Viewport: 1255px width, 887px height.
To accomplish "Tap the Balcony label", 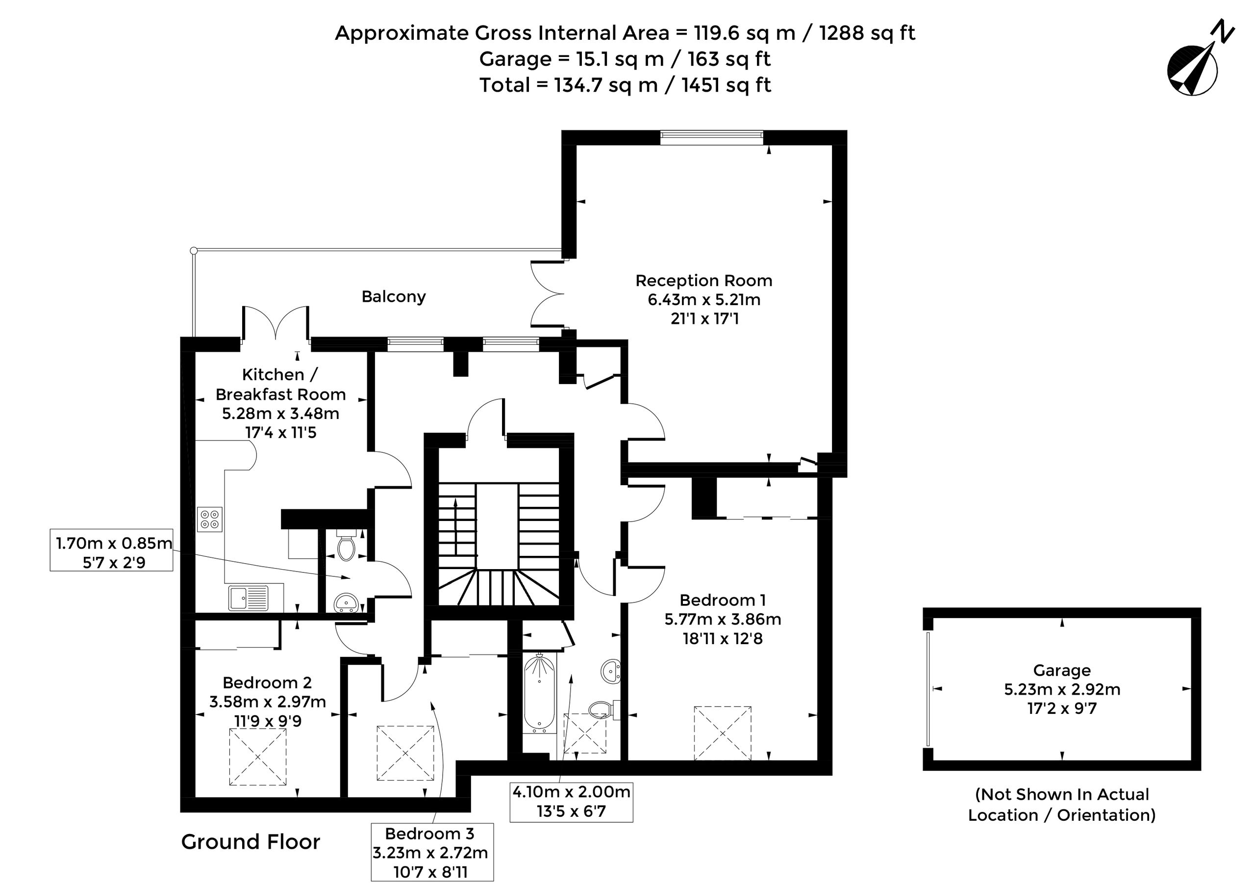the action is [x=394, y=296].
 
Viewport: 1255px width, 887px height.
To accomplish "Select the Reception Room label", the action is [x=704, y=281].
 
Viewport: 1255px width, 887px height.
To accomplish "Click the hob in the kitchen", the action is [x=210, y=519].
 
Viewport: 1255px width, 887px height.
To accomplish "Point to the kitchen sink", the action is [x=249, y=598].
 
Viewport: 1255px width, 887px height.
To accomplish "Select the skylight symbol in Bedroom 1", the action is [x=723, y=733].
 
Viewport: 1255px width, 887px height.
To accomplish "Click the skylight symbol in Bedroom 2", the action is [x=257, y=757].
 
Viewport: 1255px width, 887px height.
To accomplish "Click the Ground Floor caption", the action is [x=251, y=841].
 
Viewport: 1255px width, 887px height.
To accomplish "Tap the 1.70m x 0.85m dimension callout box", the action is [x=111, y=549].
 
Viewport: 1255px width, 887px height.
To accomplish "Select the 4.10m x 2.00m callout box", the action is [x=571, y=801].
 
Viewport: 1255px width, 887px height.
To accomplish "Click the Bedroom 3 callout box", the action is [x=432, y=853].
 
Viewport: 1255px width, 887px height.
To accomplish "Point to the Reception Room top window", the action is [x=711, y=137].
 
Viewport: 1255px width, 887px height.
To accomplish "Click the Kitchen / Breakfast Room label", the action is [x=280, y=385].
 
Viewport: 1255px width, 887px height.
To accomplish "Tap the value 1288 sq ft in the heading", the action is [x=867, y=33].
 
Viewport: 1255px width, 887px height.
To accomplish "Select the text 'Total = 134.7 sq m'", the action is [x=569, y=85].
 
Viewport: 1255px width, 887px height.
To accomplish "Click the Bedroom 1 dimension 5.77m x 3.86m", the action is [x=723, y=619].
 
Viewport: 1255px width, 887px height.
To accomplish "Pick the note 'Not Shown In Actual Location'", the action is [x=1062, y=805].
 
